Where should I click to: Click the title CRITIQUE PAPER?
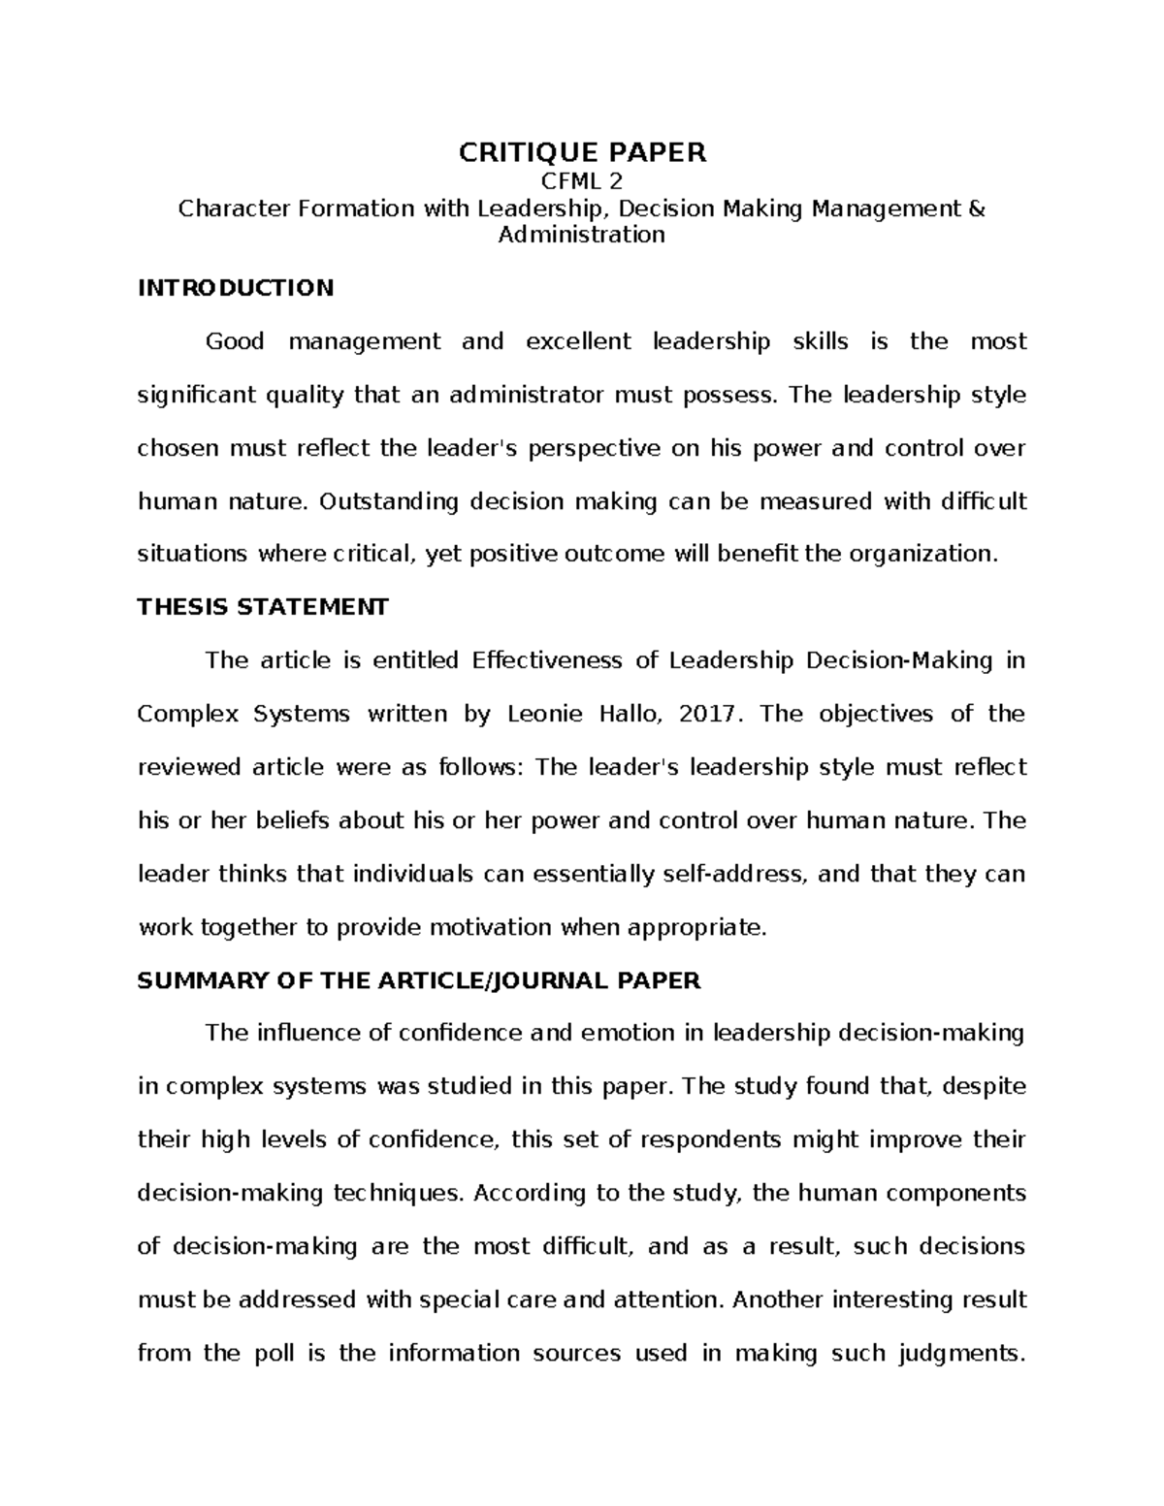click(582, 152)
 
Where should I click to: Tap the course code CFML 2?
click(582, 181)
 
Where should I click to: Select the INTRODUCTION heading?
click(236, 288)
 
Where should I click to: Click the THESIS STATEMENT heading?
click(263, 607)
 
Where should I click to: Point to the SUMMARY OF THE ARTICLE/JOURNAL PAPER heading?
click(419, 980)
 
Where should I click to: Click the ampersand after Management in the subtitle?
click(977, 208)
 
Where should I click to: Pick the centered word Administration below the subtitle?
click(582, 235)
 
